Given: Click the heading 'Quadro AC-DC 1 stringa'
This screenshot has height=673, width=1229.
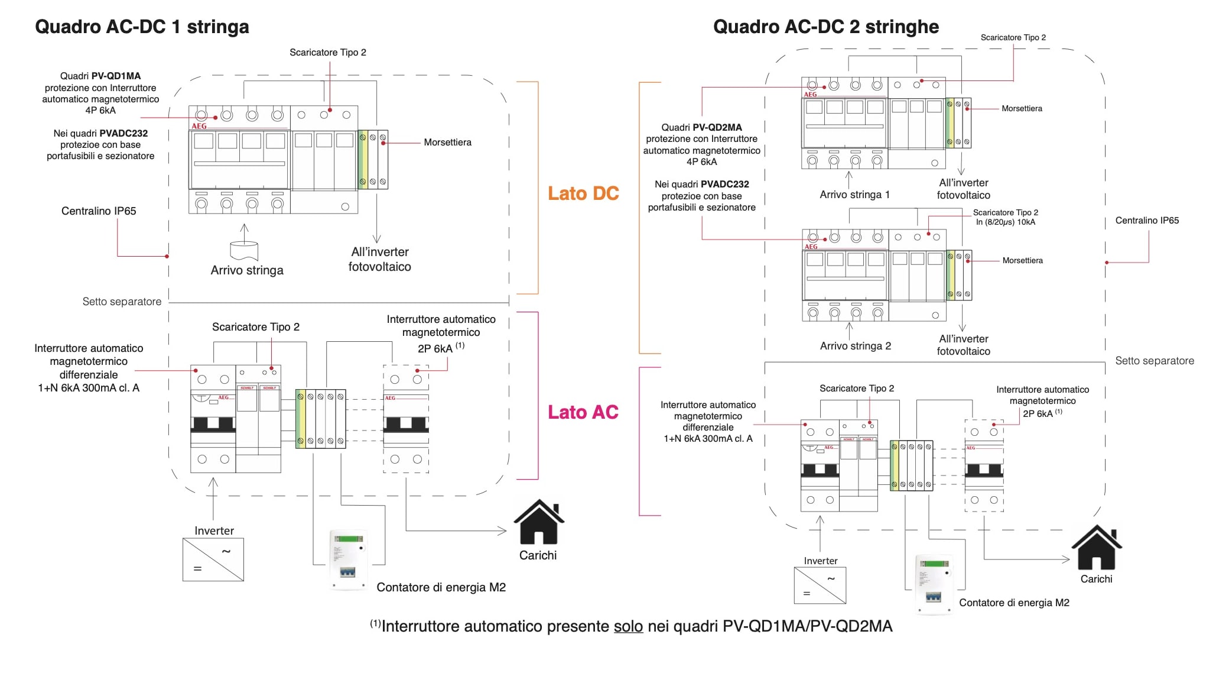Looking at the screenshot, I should click(142, 27).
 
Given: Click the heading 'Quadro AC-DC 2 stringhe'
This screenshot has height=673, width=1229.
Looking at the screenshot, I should click(825, 27).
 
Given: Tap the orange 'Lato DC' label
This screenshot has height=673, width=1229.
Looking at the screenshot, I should click(583, 193).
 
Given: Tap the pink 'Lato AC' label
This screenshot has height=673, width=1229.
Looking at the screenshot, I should click(583, 412).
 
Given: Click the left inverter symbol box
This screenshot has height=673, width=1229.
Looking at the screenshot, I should click(213, 559).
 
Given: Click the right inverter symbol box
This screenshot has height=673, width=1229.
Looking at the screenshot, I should click(820, 585).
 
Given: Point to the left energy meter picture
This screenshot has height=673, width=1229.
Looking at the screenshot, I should click(348, 559).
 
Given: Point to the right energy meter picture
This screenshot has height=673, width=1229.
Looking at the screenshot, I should click(934, 584).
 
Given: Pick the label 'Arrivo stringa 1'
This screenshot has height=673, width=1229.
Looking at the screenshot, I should click(854, 195).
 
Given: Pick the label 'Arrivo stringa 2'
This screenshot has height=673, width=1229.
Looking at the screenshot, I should click(855, 346).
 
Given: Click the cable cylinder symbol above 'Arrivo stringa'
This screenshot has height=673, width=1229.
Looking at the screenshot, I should click(244, 250).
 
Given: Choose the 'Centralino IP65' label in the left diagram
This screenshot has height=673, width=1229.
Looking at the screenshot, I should click(99, 211).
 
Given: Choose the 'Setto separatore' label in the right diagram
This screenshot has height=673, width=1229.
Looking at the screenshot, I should click(1154, 361).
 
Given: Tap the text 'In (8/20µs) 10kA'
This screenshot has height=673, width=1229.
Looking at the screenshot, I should click(1005, 222).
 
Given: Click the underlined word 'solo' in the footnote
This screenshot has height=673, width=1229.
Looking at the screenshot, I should click(628, 626).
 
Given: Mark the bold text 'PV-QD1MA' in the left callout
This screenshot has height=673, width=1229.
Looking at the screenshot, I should click(116, 76).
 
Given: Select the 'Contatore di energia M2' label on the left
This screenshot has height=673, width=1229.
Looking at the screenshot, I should click(441, 587).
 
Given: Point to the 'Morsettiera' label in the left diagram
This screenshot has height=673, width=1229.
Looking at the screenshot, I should click(447, 143).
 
